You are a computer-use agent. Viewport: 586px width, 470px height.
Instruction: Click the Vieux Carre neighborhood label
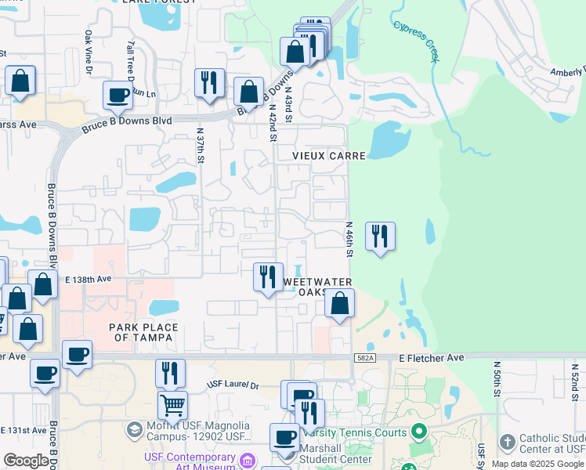(329, 156)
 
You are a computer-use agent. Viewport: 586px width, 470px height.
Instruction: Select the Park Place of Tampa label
(144, 332)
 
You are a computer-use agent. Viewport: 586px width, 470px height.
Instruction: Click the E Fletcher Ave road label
(432, 358)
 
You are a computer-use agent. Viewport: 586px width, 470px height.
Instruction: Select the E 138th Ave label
(89, 279)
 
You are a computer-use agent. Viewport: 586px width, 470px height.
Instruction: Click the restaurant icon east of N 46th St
(380, 237)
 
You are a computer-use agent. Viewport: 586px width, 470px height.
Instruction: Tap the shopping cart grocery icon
(172, 404)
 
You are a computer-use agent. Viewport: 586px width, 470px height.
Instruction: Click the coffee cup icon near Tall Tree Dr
(118, 96)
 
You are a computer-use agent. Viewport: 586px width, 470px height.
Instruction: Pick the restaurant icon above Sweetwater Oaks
(268, 277)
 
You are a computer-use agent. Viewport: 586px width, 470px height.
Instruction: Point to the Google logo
(26, 461)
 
